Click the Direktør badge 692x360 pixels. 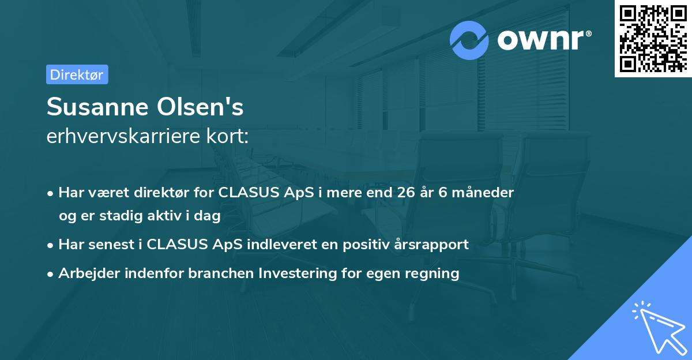pyautogui.click(x=77, y=74)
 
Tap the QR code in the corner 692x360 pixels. pyautogui.click(x=653, y=38)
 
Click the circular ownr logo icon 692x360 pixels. pyautogui.click(x=469, y=40)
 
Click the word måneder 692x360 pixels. pyautogui.click(x=484, y=193)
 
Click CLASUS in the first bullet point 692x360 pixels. pyautogui.click(x=245, y=193)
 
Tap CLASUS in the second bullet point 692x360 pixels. pyautogui.click(x=173, y=244)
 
